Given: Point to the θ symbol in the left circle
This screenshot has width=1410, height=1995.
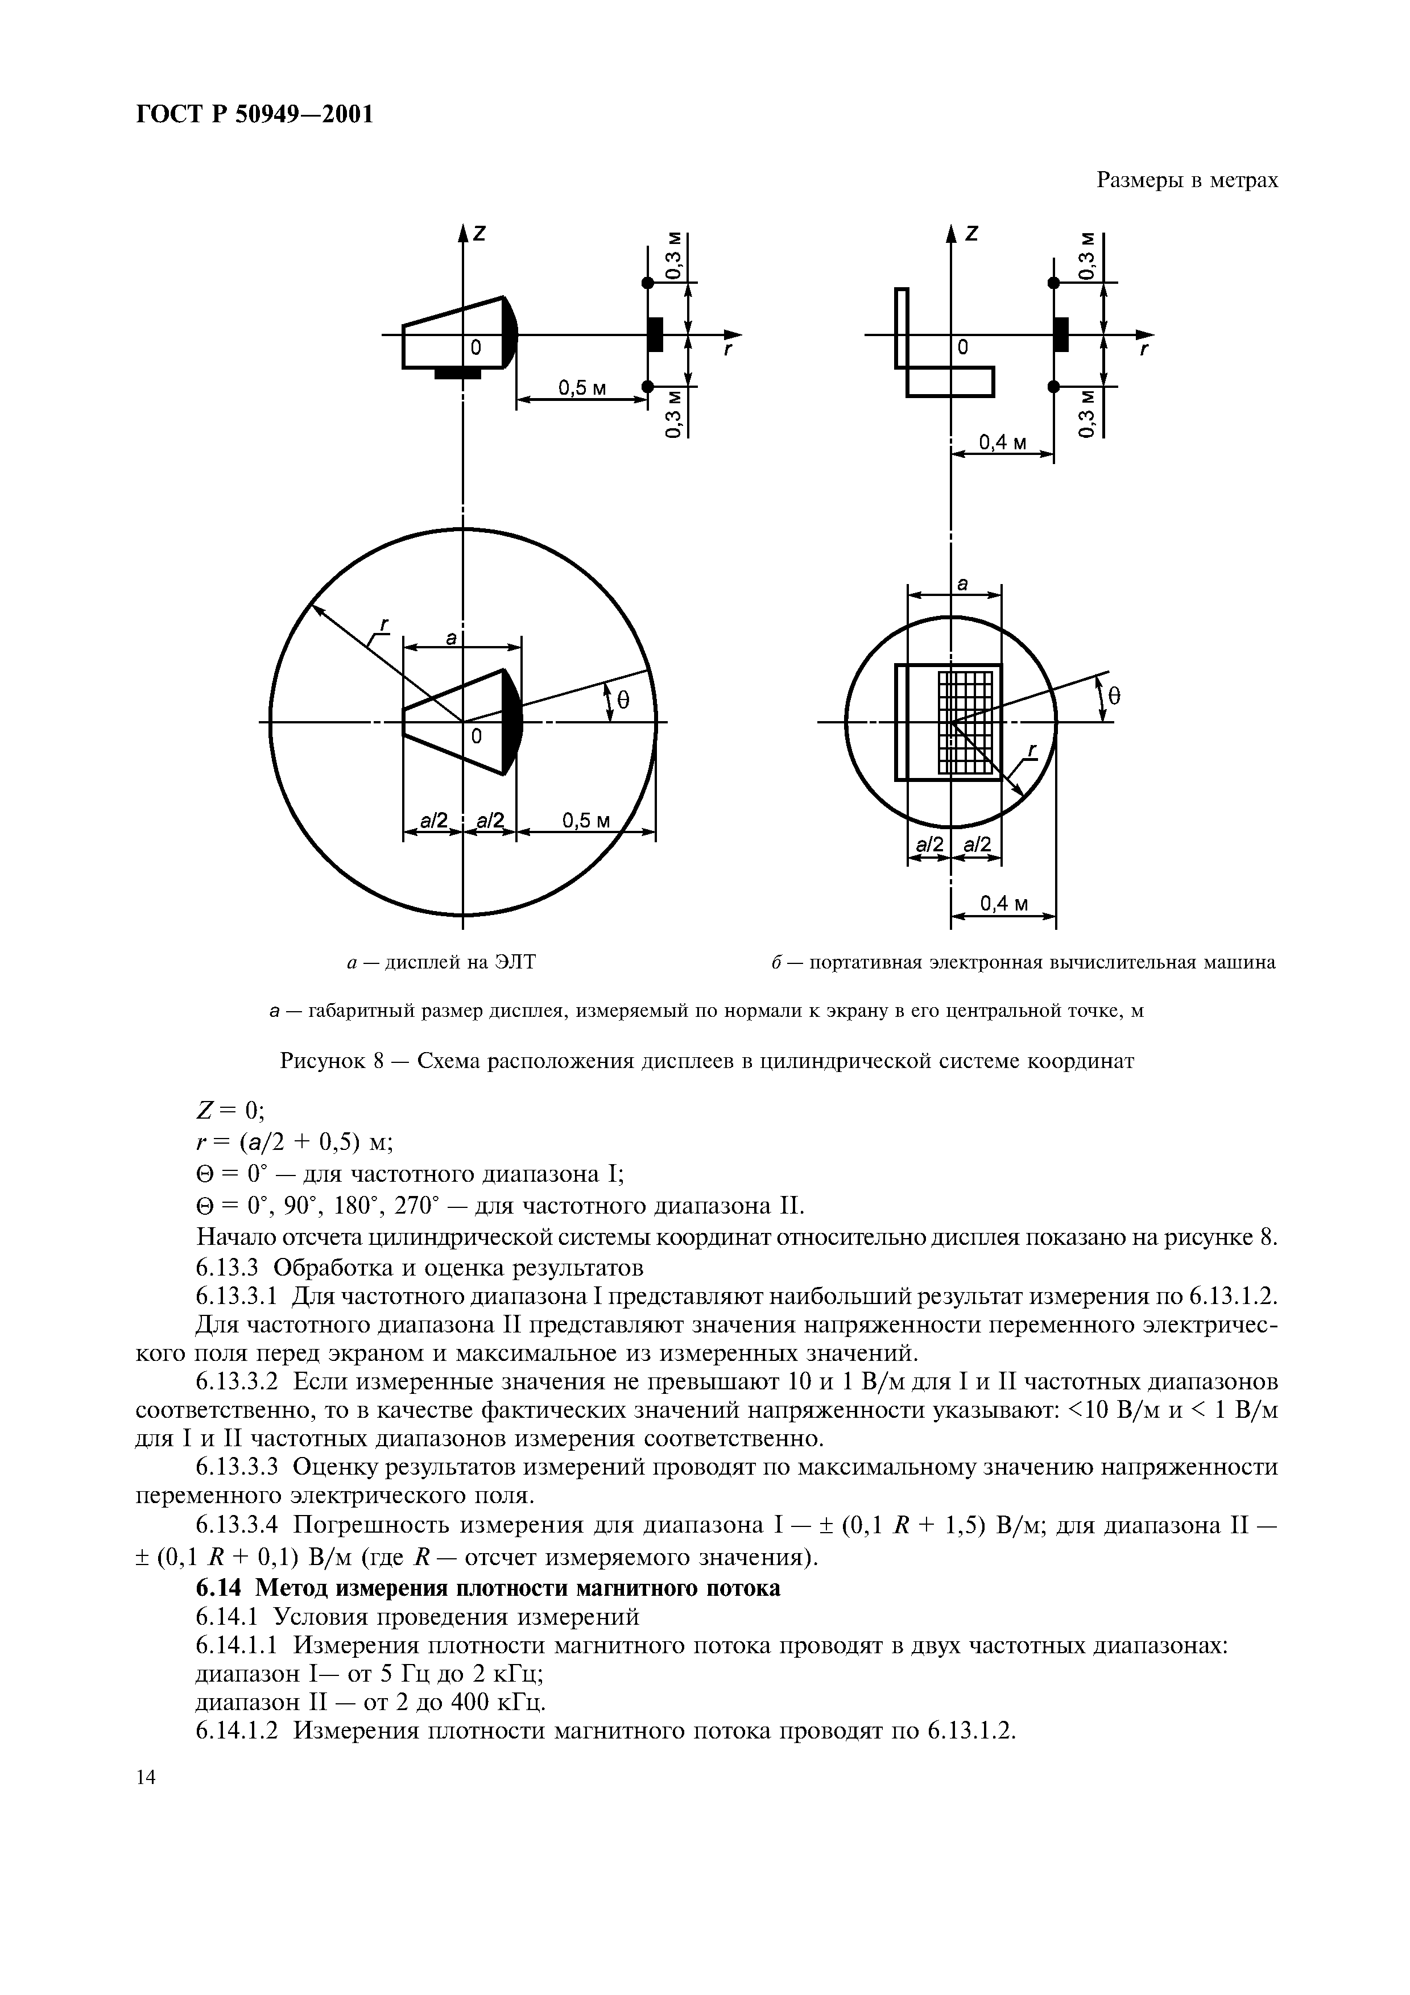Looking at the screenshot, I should click(x=622, y=700).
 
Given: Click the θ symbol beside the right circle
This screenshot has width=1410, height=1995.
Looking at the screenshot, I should click(x=1115, y=695).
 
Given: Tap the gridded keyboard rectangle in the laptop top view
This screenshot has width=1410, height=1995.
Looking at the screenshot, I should click(x=964, y=721).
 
